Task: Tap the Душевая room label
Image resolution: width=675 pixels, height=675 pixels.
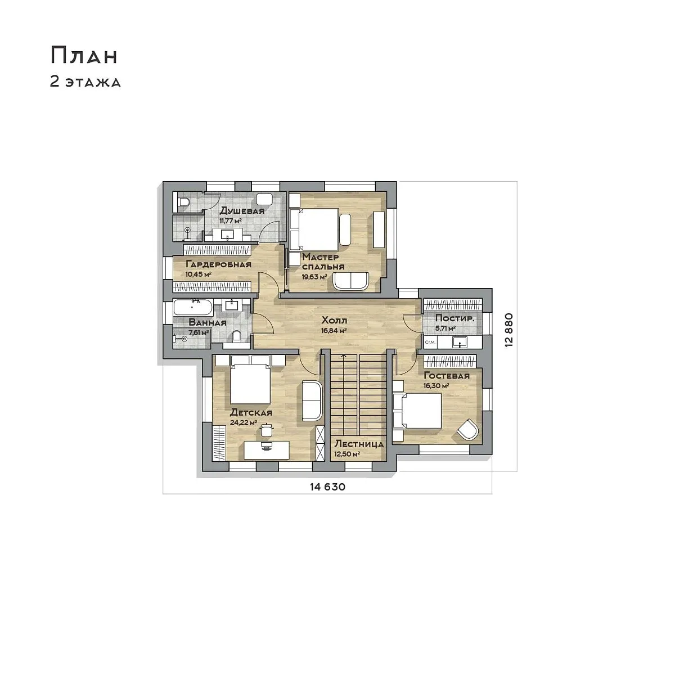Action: pos(242,211)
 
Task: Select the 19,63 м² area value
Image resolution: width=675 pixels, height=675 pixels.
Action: pos(314,277)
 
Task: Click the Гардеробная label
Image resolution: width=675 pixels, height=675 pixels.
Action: pos(218,264)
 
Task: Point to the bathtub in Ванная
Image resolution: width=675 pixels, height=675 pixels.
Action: pos(193,308)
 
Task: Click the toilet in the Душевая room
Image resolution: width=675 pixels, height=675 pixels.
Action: pos(184,202)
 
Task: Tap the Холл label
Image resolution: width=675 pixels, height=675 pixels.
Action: pos(334,321)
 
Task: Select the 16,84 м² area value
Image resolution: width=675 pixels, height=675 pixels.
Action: pos(334,330)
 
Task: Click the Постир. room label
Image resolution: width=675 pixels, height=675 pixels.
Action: pos(454,319)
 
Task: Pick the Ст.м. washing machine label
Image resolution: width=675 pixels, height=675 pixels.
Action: pos(430,342)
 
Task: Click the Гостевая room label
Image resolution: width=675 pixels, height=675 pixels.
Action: pos(447,376)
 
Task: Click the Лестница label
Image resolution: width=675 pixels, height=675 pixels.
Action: pos(359,444)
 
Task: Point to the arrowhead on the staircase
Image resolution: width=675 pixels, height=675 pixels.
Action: pos(344,356)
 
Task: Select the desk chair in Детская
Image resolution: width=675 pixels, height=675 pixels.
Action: pos(267,430)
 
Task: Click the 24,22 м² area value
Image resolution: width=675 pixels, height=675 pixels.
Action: pos(244,423)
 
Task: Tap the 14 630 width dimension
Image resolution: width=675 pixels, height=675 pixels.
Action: pos(327,487)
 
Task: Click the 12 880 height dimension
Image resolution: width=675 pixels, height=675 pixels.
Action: pos(509,330)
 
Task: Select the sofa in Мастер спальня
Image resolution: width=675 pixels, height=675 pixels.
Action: pos(351,281)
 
